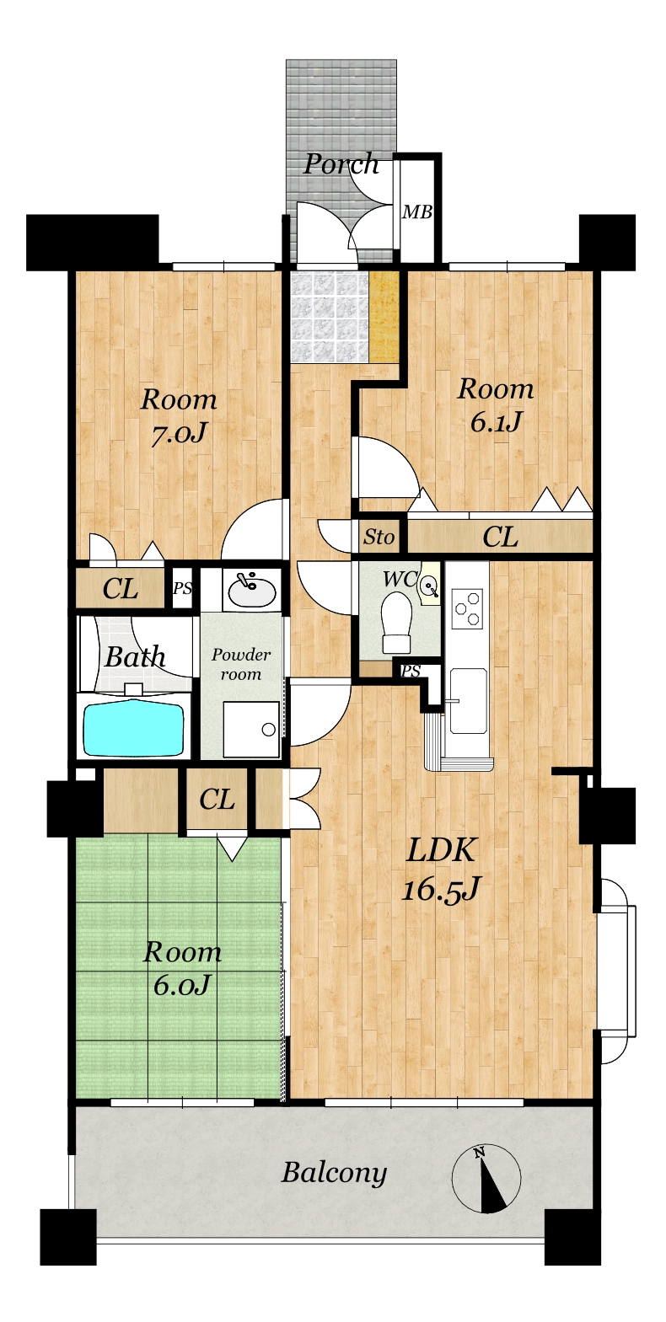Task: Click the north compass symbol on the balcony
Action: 486,1175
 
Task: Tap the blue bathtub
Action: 135,727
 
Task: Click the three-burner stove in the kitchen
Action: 468,607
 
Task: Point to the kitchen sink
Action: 468,700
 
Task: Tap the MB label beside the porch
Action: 417,211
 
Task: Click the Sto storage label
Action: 379,537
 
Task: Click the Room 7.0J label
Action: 179,418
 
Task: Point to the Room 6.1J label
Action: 496,405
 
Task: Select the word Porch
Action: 341,163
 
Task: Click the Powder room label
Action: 241,665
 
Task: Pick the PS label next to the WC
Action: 411,671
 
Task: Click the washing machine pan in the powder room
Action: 251,730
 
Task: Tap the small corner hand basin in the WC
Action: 429,586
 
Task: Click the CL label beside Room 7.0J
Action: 121,589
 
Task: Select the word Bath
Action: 135,657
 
